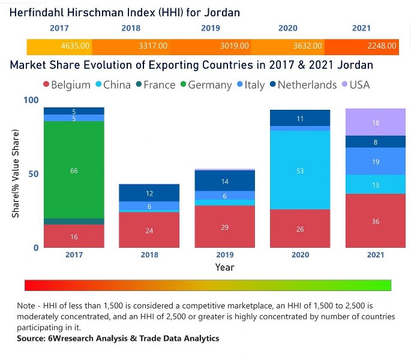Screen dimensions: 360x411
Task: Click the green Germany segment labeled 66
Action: click(74, 170)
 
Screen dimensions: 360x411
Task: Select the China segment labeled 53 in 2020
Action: click(300, 170)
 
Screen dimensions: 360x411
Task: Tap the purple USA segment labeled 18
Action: click(376, 122)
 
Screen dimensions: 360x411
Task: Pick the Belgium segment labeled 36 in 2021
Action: click(376, 221)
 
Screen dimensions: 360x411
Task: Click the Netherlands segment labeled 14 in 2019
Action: click(224, 181)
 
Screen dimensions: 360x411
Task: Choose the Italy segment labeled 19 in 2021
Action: click(376, 161)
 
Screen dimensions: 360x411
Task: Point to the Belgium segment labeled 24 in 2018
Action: click(149, 230)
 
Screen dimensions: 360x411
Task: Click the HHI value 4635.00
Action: click(76, 46)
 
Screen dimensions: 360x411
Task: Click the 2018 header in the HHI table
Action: click(131, 28)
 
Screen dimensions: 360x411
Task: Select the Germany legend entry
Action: click(205, 85)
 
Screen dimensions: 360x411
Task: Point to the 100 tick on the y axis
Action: click(31, 100)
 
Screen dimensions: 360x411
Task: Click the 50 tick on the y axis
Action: click(33, 174)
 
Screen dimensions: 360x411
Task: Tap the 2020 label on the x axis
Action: click(300, 255)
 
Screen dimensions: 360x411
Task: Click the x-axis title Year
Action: click(224, 267)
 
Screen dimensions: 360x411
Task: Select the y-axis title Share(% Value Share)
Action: click(16, 174)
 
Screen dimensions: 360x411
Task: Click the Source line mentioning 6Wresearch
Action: click(118, 338)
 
